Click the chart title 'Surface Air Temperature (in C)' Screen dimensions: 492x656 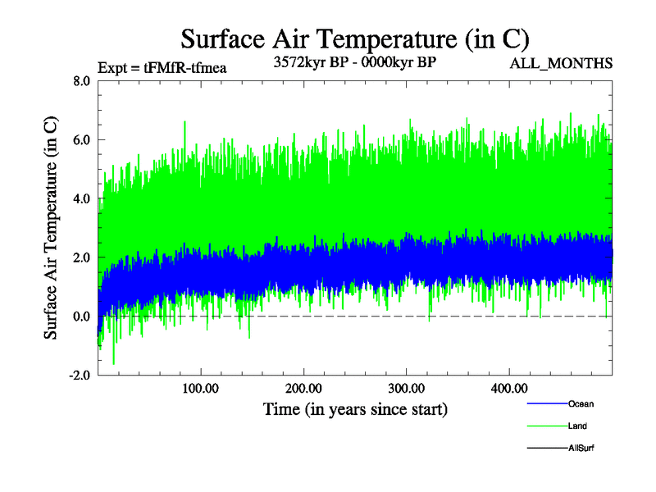354,39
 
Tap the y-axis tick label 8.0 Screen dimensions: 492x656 81,81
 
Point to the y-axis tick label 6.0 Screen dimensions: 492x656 81,140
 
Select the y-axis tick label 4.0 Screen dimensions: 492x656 81,198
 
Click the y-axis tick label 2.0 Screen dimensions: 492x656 81,257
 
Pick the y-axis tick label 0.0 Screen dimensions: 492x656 81,317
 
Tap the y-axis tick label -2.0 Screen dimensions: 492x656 80,376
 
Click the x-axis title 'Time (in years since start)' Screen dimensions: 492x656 355,408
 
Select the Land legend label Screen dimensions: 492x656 577,426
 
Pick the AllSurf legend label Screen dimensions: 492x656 581,448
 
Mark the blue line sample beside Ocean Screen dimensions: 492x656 544,403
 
